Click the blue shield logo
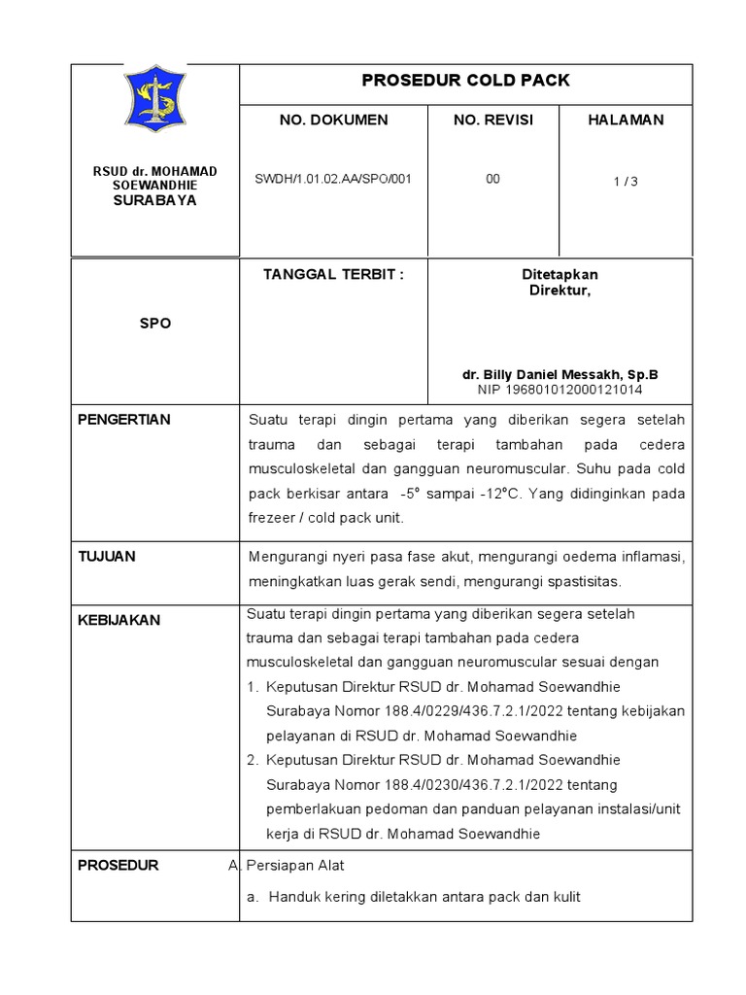pyautogui.click(x=155, y=98)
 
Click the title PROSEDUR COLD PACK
pyautogui.click(x=465, y=81)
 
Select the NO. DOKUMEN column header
pyautogui.click(x=333, y=120)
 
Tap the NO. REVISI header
pyautogui.click(x=492, y=120)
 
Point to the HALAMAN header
pyautogui.click(x=626, y=120)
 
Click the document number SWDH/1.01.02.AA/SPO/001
pyautogui.click(x=333, y=179)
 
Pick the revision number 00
pyautogui.click(x=492, y=179)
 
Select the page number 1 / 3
pyautogui.click(x=626, y=182)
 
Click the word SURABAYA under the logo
pyautogui.click(x=155, y=201)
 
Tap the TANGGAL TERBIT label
pyautogui.click(x=333, y=275)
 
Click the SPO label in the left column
pyautogui.click(x=155, y=324)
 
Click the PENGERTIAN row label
pyautogui.click(x=123, y=420)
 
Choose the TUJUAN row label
pyautogui.click(x=107, y=557)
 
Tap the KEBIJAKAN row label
pyautogui.click(x=119, y=620)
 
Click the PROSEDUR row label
pyautogui.click(x=118, y=866)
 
